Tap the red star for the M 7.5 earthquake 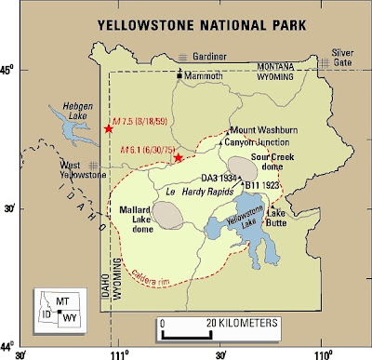point(110,128)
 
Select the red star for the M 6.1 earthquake point(178,157)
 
